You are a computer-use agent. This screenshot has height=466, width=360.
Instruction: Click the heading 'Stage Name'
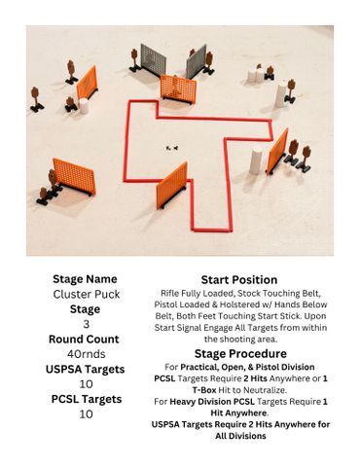click(x=85, y=279)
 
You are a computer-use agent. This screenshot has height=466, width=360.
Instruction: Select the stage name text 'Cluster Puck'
click(x=87, y=294)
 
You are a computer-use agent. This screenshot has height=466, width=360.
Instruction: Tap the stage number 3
click(x=87, y=324)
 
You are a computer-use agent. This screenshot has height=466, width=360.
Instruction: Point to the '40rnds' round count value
click(x=87, y=354)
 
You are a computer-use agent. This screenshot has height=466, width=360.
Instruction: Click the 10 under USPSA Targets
click(x=87, y=384)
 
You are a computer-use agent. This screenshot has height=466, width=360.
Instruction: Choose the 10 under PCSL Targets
click(x=87, y=414)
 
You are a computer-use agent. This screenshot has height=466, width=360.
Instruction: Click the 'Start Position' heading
click(x=239, y=280)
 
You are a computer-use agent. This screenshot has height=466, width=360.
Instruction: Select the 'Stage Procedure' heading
click(x=240, y=353)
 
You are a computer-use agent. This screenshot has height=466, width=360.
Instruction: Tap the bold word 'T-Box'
click(x=204, y=390)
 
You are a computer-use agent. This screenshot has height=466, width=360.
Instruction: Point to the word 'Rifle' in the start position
click(x=169, y=293)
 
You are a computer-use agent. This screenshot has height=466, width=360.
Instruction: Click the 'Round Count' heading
click(x=84, y=339)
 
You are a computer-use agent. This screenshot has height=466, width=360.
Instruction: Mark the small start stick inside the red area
click(x=172, y=148)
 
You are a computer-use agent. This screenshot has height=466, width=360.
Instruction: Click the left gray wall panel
click(x=154, y=60)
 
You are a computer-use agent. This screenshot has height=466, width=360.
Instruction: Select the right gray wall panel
click(x=197, y=61)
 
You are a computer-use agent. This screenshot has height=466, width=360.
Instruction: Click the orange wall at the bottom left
click(x=75, y=176)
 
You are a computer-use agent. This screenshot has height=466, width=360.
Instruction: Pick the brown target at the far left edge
click(x=36, y=98)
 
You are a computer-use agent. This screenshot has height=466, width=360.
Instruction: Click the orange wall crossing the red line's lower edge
click(x=172, y=185)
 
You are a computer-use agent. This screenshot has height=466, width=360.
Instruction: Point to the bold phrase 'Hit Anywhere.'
click(x=239, y=412)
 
